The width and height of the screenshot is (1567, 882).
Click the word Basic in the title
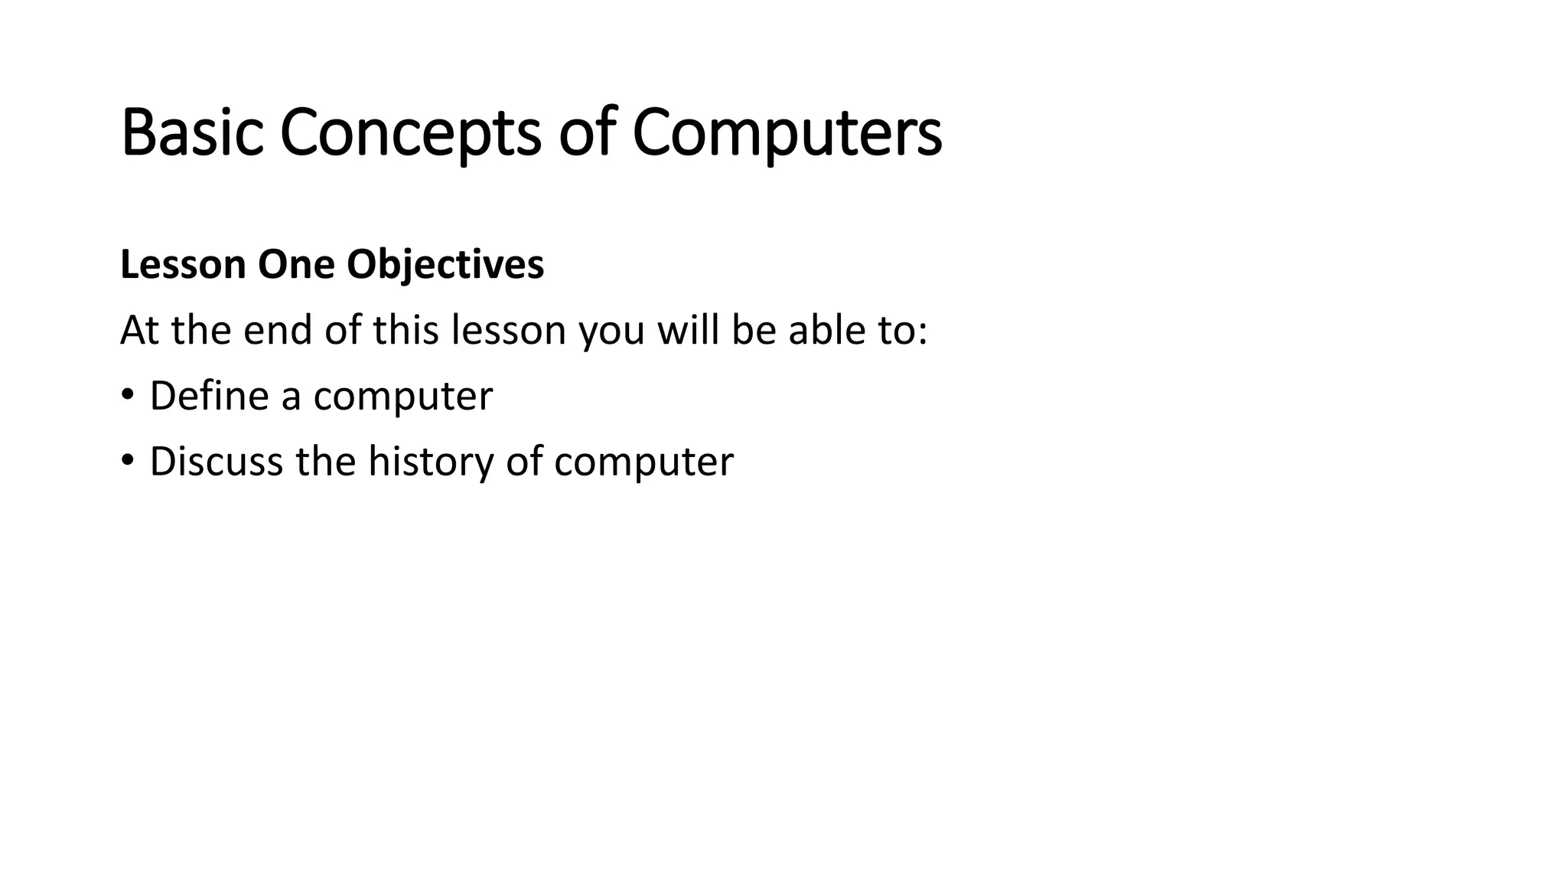(192, 133)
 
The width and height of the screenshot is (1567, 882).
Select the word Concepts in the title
(410, 133)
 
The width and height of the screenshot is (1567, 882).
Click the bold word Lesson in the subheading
(183, 265)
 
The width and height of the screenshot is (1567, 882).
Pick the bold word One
(296, 265)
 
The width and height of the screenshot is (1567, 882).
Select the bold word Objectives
(445, 265)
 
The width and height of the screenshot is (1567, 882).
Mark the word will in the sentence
(688, 331)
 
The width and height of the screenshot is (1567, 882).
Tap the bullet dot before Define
(127, 395)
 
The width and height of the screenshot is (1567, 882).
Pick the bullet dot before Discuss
(127, 461)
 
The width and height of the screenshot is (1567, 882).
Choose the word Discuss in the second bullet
(216, 462)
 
